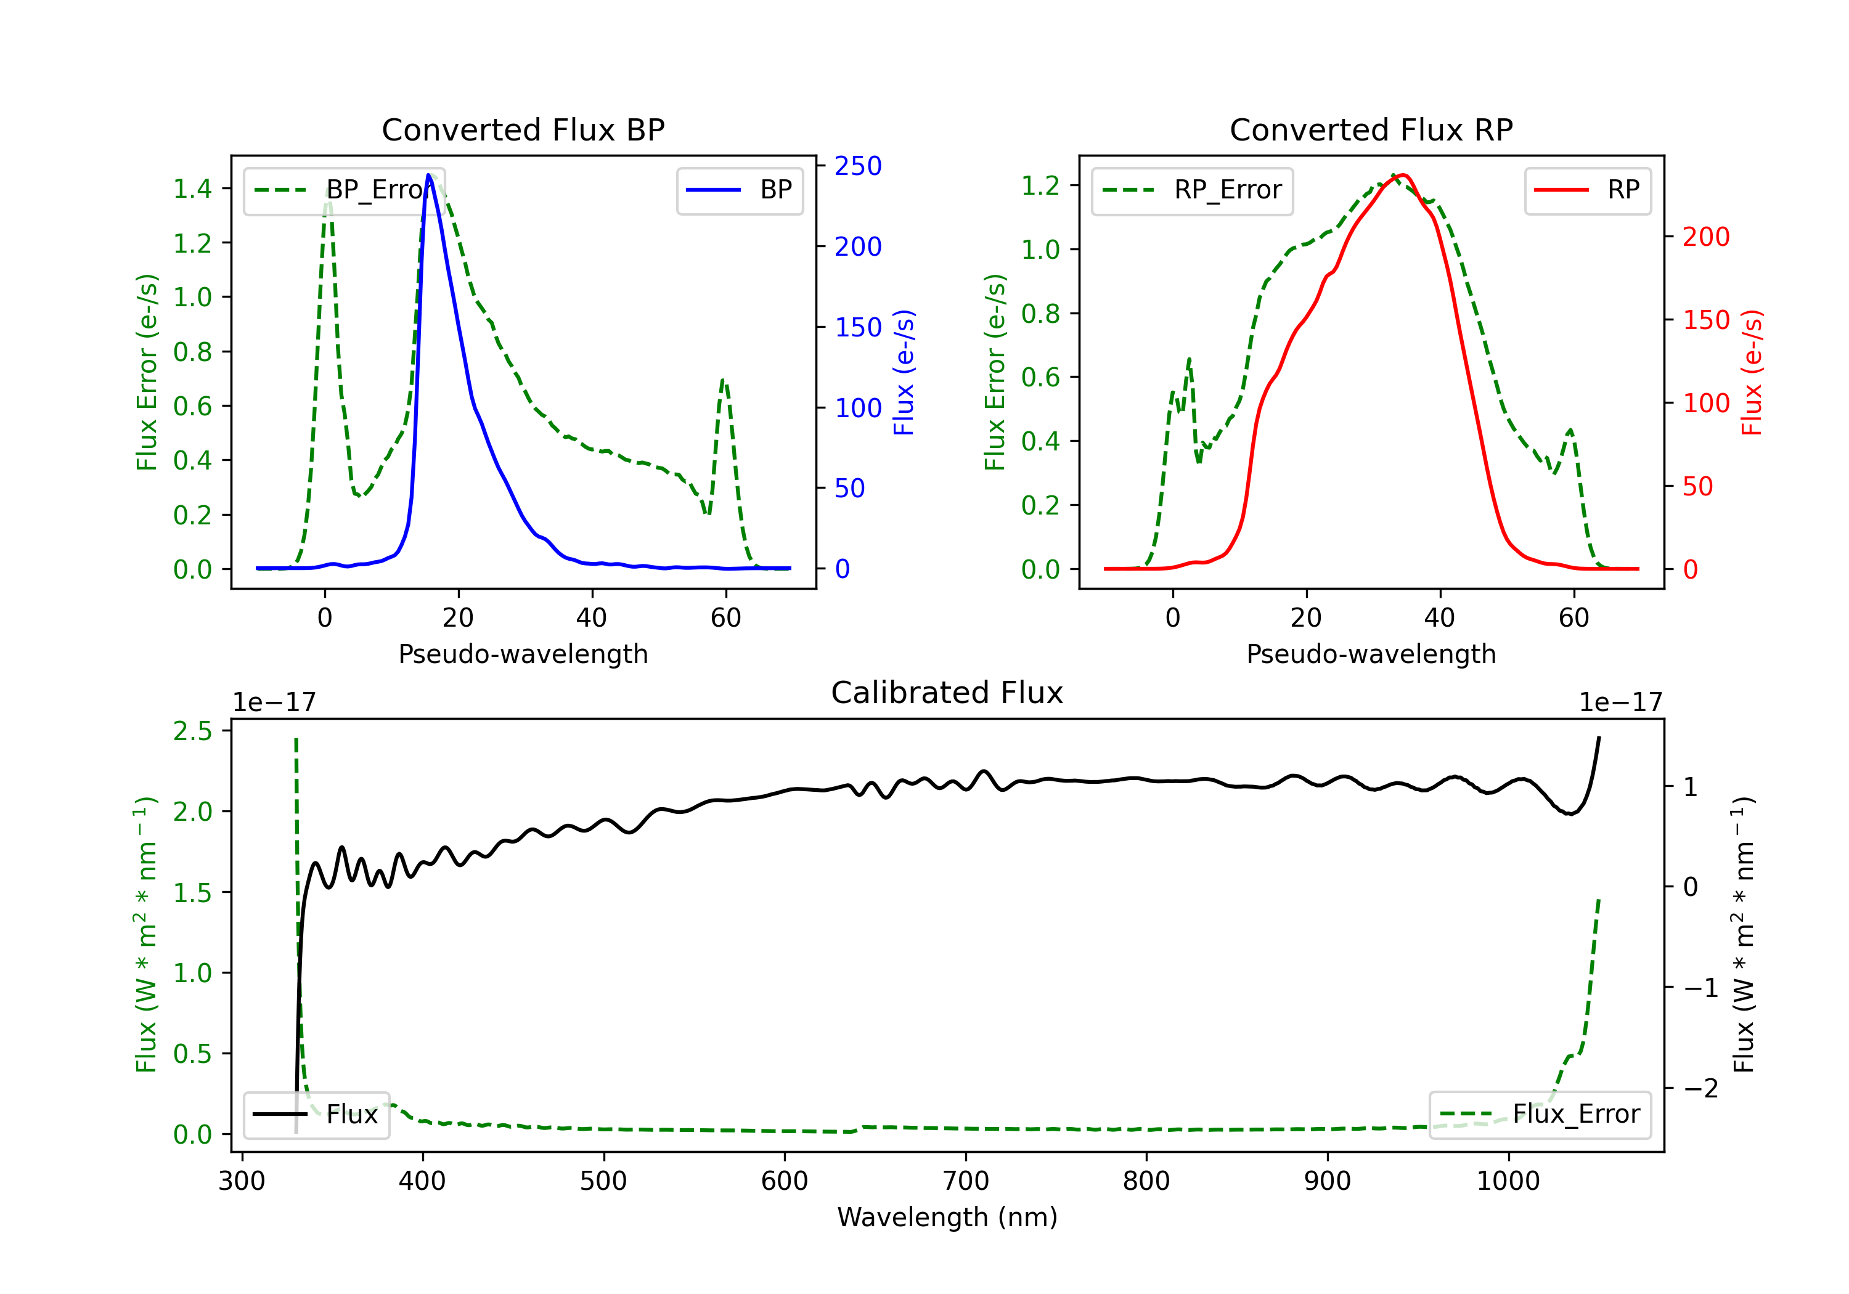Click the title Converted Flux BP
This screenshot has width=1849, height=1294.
pyautogui.click(x=523, y=129)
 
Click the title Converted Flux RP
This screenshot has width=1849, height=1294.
pyautogui.click(x=1371, y=129)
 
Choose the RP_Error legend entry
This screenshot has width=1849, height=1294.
pyautogui.click(x=1192, y=190)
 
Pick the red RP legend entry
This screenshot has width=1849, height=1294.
pyautogui.click(x=1587, y=190)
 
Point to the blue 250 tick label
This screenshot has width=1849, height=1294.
pyautogui.click(x=858, y=166)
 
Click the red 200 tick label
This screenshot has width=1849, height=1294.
pyautogui.click(x=1705, y=237)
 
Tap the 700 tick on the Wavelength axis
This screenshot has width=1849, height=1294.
pyautogui.click(x=966, y=1181)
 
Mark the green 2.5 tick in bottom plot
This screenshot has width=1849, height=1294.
pyautogui.click(x=192, y=731)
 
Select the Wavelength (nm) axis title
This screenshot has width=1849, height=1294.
pyautogui.click(x=947, y=1217)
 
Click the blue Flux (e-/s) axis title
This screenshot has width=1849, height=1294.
pyautogui.click(x=904, y=372)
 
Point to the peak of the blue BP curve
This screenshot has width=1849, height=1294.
pyautogui.click(x=429, y=175)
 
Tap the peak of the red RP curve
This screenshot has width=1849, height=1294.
pyautogui.click(x=1402, y=175)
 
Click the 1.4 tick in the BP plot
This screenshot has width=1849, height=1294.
pyautogui.click(x=192, y=189)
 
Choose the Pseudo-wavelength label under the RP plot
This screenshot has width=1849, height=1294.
pyautogui.click(x=1371, y=654)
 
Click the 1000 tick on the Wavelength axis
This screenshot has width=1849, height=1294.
pyautogui.click(x=1508, y=1181)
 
